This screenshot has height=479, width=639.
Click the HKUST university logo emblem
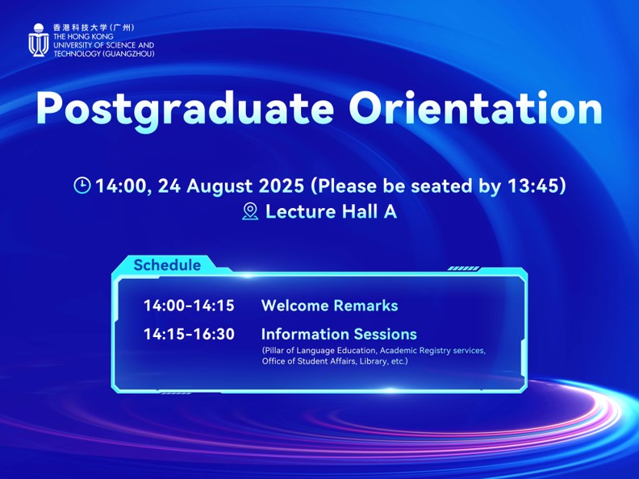pos(39,40)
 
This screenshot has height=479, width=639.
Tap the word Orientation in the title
pos(475,107)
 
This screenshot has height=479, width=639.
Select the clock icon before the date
pos(82,185)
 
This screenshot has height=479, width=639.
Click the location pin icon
pos(250,211)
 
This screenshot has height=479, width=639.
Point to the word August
pos(219,186)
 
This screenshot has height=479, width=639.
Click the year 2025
pos(282,185)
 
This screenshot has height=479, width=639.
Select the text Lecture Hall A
pos(331,211)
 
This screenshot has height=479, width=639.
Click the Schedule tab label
pos(167,264)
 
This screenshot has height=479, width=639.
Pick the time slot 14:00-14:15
pos(189,306)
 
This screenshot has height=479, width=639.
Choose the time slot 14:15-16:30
pos(189,334)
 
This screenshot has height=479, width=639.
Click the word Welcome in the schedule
pos(294,306)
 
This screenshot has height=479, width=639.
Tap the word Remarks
pos(365,306)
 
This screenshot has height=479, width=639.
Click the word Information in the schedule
pos(305,334)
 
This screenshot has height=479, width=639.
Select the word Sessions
pos(385,334)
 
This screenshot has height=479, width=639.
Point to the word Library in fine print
pos(373,361)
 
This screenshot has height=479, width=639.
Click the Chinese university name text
pos(94,27)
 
